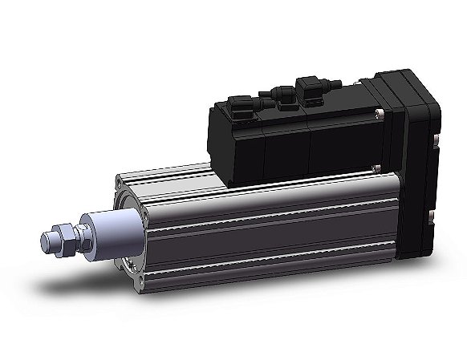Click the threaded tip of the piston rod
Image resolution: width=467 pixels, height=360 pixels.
47,239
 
